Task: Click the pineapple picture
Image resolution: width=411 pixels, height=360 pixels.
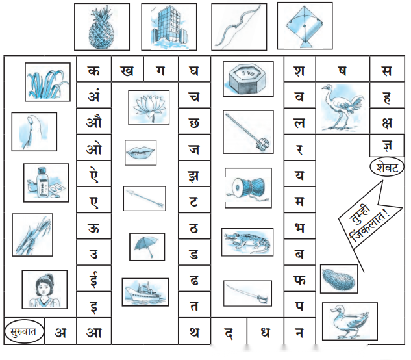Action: pyautogui.click(x=102, y=27)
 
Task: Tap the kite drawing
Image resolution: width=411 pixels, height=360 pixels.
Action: pyautogui.click(x=305, y=26)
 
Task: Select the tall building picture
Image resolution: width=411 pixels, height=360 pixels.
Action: pyautogui.click(x=169, y=27)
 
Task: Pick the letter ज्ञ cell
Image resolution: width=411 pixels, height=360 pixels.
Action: pyautogui.click(x=387, y=146)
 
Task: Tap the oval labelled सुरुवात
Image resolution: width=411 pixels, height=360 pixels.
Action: pyautogui.click(x=24, y=331)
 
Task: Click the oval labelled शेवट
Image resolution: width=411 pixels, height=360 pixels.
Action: pyautogui.click(x=387, y=167)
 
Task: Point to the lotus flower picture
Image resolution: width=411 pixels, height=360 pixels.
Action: pyautogui.click(x=149, y=108)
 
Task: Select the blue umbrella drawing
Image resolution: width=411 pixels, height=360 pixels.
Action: pyautogui.click(x=147, y=247)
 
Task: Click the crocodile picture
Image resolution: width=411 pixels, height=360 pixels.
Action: pyautogui.click(x=247, y=242)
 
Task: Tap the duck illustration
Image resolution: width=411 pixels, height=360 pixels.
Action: pyautogui.click(x=350, y=321)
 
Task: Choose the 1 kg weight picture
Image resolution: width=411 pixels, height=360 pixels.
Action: pyautogui.click(x=248, y=79)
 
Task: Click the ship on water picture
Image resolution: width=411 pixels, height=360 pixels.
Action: pyautogui.click(x=145, y=292)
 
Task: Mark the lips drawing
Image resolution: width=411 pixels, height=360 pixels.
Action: pyautogui.click(x=140, y=153)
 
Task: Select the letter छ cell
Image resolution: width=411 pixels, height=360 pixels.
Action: pyautogui.click(x=194, y=122)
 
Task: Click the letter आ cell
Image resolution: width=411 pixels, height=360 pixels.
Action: pyautogui.click(x=94, y=331)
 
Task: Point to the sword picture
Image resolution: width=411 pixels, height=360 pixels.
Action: pyautogui.click(x=247, y=293)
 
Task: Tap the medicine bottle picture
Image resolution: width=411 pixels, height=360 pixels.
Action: pyautogui.click(x=46, y=183)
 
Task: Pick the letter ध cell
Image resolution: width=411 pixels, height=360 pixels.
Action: pyautogui.click(x=266, y=331)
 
